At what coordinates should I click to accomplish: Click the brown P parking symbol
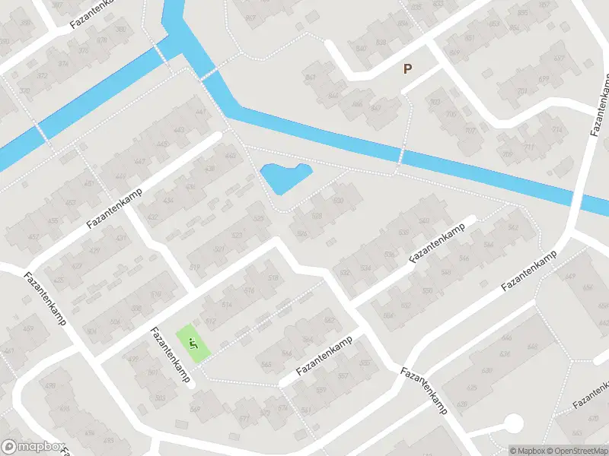pos(407,69)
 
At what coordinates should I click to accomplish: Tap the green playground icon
pos(192,344)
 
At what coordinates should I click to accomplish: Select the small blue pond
pos(285,178)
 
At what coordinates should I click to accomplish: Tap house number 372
pos(43,76)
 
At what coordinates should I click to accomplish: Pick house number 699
pos(544,80)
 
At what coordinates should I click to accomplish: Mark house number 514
pos(226,305)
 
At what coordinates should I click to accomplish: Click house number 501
pos(153,372)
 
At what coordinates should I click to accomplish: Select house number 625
pos(471,388)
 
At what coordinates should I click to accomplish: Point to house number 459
pos(28,328)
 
